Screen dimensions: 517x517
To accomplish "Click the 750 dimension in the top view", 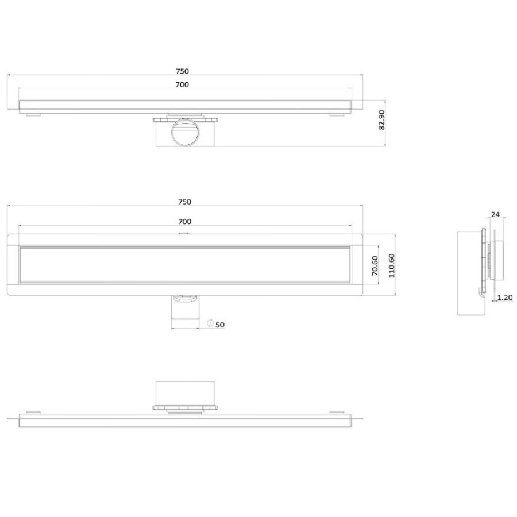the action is click(x=182, y=71).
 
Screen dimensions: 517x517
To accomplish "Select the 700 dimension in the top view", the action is click(x=182, y=85).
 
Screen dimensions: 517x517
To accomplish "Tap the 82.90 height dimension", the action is click(x=381, y=120).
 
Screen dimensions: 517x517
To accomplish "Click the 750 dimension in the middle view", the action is click(x=184, y=202).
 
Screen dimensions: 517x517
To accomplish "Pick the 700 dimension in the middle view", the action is click(x=184, y=222).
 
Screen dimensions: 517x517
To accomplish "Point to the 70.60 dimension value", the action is click(x=375, y=266).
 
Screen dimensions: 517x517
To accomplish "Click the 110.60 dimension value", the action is click(x=392, y=265).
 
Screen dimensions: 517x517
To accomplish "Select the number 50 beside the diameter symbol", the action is click(x=220, y=325).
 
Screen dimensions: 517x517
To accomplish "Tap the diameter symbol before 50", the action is click(x=210, y=323).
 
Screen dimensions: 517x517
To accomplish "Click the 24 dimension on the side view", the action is click(x=495, y=215).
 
